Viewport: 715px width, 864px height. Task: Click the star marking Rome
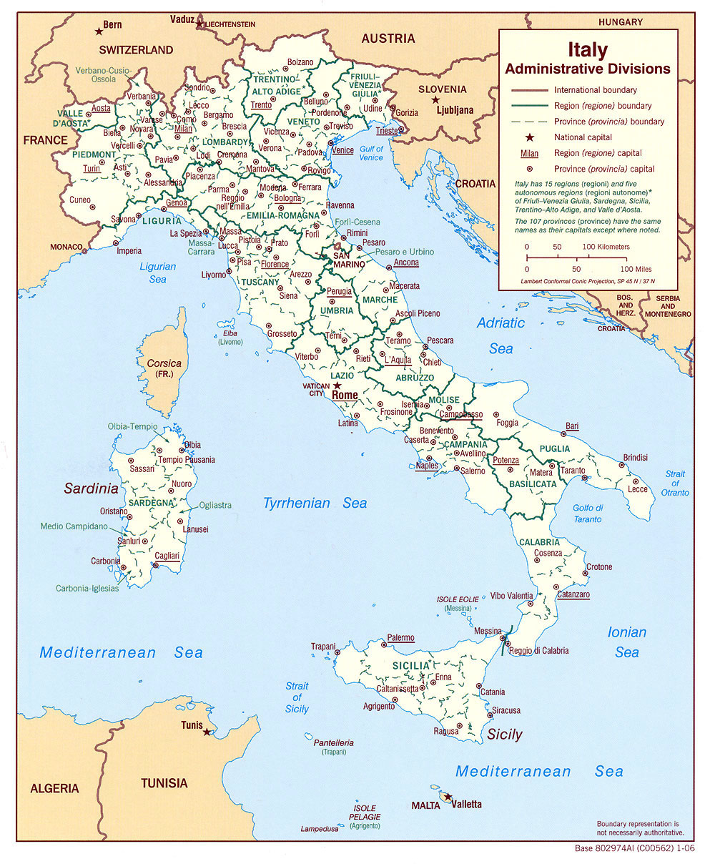tap(330, 386)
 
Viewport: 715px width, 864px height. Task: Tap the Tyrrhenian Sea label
tap(315, 503)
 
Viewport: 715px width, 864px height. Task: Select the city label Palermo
tap(400, 638)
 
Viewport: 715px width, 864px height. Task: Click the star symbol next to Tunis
tap(207, 732)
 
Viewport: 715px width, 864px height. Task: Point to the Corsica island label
tap(164, 363)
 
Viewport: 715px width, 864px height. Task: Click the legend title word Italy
tap(588, 50)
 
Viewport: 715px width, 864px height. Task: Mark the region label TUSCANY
tap(260, 282)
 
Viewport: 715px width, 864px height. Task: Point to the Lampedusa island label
tap(318, 829)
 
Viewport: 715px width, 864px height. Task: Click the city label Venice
tap(342, 150)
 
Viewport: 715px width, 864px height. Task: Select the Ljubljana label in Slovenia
tap(455, 110)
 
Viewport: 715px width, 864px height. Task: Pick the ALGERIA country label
tap(54, 788)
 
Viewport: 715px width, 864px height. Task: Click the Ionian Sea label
tap(626, 642)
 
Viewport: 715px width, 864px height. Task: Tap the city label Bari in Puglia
tap(571, 426)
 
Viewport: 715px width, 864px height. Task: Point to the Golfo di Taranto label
tap(587, 513)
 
